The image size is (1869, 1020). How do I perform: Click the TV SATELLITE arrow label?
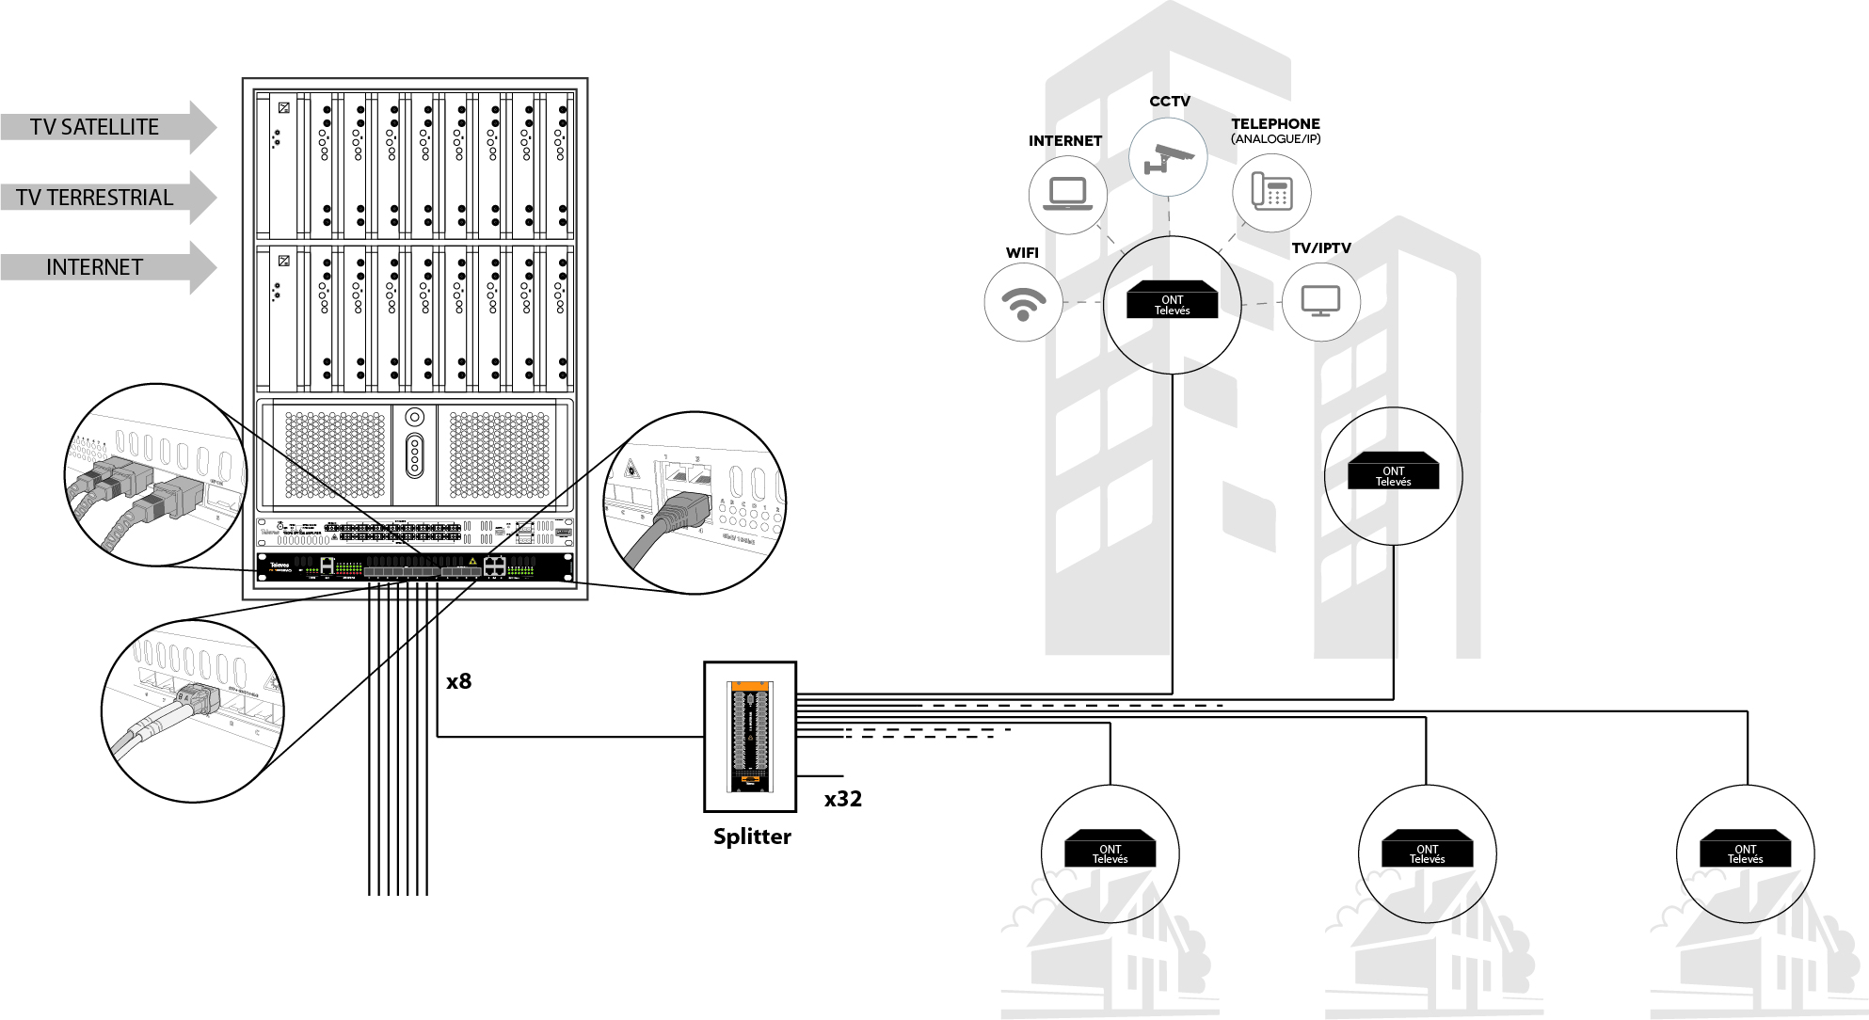[x=95, y=127]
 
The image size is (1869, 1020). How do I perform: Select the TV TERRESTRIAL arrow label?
[x=95, y=198]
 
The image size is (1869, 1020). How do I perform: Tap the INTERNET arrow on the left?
[x=95, y=267]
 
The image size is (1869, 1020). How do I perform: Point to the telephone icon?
[x=1271, y=192]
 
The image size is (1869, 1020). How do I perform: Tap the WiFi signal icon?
[x=1023, y=302]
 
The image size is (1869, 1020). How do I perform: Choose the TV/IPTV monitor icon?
[x=1320, y=301]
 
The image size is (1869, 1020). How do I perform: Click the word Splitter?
[x=752, y=837]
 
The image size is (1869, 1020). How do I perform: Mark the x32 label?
[x=843, y=799]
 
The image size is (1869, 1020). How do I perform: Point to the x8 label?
[x=459, y=681]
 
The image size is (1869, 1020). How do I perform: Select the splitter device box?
[x=750, y=737]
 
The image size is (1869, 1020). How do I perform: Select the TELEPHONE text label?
[x=1275, y=123]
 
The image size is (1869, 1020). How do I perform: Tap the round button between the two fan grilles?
[x=415, y=417]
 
